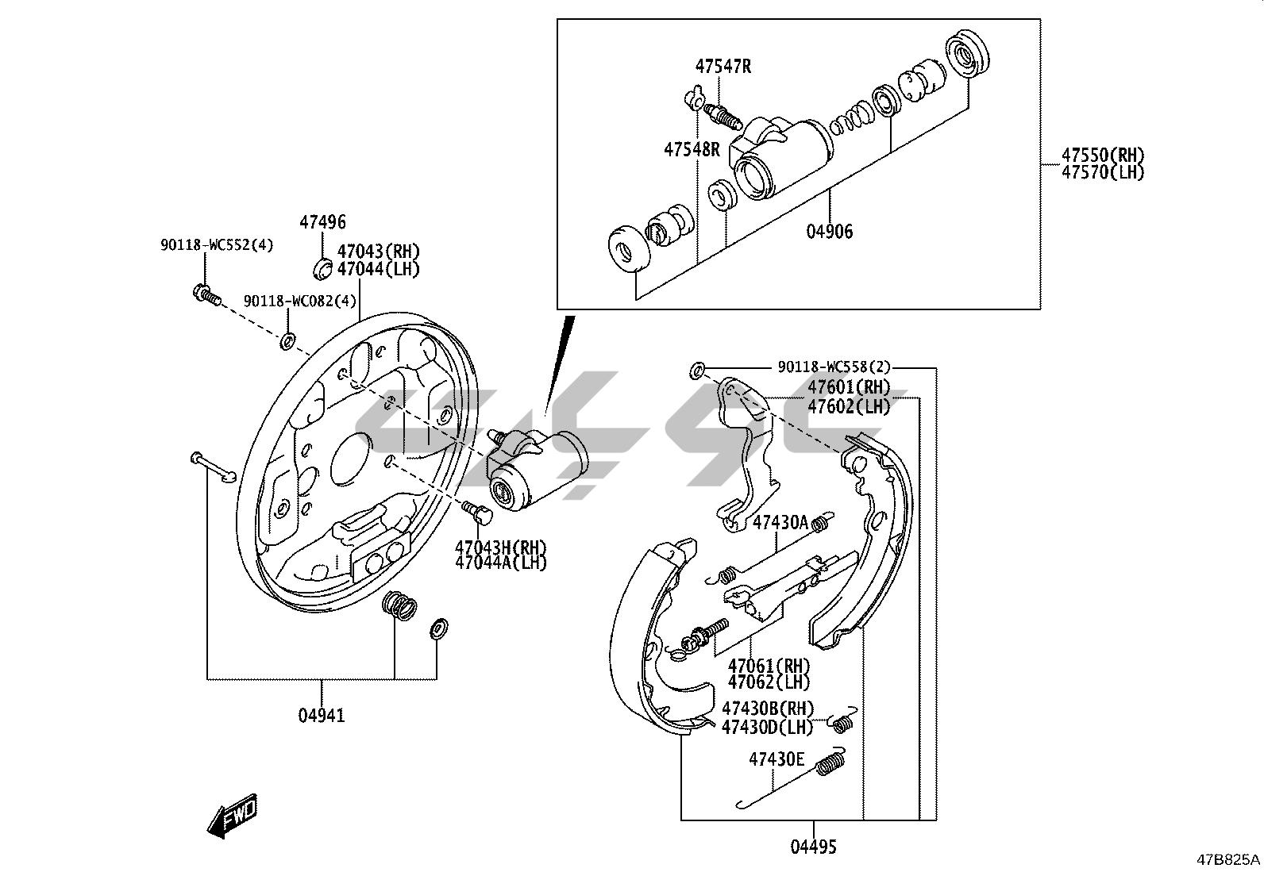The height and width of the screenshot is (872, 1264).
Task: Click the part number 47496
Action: click(322, 222)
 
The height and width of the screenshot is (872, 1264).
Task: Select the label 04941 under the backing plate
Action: click(321, 716)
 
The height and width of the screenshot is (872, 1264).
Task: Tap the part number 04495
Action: click(813, 847)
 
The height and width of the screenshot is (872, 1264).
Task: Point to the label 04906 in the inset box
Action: click(830, 231)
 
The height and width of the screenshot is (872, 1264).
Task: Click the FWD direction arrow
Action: click(232, 816)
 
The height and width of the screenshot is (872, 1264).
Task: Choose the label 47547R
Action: click(723, 67)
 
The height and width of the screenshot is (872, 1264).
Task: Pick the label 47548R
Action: click(692, 149)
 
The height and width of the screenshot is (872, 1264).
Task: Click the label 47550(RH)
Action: click(1103, 155)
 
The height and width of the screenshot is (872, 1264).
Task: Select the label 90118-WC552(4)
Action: click(217, 245)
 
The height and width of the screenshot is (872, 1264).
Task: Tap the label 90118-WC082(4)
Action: click(299, 302)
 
